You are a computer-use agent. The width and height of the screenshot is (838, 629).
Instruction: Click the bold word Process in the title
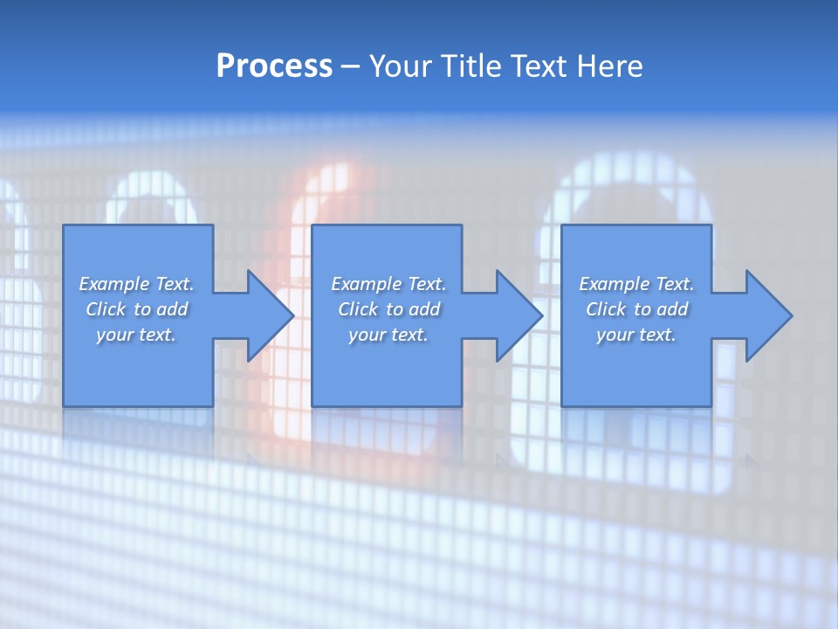274,66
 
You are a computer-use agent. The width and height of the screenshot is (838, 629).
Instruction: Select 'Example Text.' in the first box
136,284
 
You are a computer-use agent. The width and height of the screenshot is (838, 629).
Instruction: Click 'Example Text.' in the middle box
388,284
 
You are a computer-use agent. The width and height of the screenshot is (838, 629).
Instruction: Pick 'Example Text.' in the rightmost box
636,284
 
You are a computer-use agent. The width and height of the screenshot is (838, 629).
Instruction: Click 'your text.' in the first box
136,335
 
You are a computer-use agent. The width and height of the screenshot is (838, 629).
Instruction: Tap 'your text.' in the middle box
388,335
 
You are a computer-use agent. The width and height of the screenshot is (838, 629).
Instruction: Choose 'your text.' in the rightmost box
636,335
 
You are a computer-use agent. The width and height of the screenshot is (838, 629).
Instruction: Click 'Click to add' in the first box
136,309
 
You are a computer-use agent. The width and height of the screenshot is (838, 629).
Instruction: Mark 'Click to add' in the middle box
388,309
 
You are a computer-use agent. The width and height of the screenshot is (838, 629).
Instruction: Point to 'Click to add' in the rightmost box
636,309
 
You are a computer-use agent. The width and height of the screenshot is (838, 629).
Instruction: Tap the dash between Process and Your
349,66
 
